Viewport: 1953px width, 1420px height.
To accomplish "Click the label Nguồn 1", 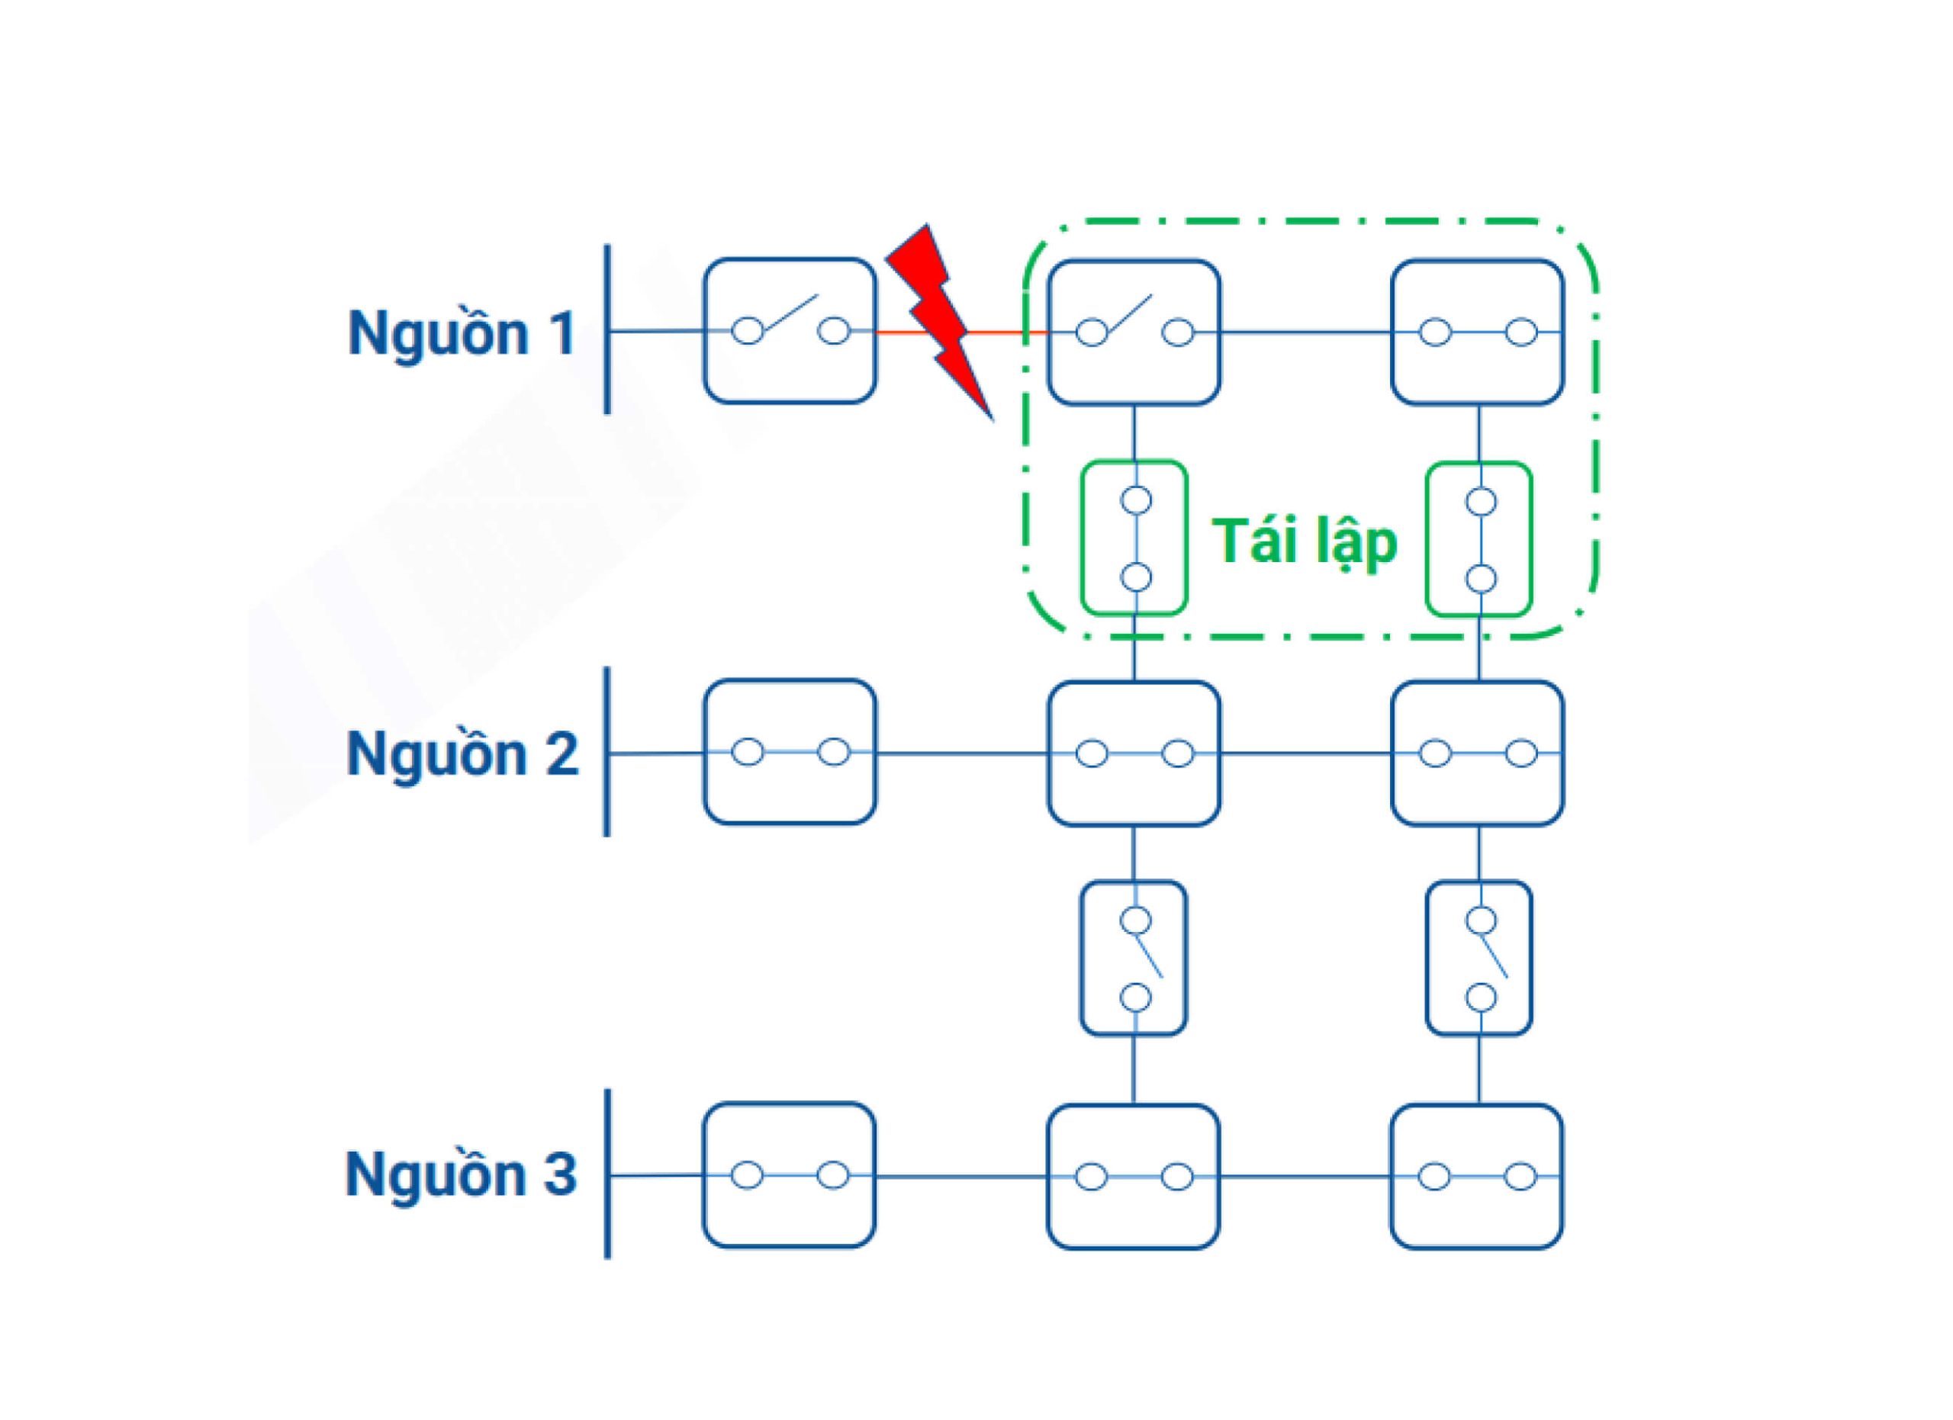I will (461, 333).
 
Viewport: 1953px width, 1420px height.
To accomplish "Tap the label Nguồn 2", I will (462, 754).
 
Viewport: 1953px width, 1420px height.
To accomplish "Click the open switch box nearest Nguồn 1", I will (790, 330).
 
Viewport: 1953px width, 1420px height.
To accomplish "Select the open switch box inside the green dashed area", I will (1133, 333).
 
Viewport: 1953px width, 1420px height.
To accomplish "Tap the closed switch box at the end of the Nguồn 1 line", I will (1478, 333).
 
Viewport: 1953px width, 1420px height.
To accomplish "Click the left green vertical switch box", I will (1135, 538).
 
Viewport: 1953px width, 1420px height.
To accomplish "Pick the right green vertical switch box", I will (1479, 540).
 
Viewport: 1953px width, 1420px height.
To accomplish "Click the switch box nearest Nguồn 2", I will (790, 752).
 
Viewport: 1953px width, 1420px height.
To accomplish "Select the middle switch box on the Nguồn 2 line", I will (1133, 754).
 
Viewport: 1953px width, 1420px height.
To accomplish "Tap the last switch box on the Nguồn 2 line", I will (1478, 754).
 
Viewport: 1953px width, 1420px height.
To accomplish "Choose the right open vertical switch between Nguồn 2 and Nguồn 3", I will (1479, 958).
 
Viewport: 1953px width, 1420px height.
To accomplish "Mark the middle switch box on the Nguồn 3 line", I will (1133, 1177).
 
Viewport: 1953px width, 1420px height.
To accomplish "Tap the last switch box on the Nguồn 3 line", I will (1477, 1177).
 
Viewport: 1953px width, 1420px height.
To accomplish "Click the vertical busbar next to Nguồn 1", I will (607, 329).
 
